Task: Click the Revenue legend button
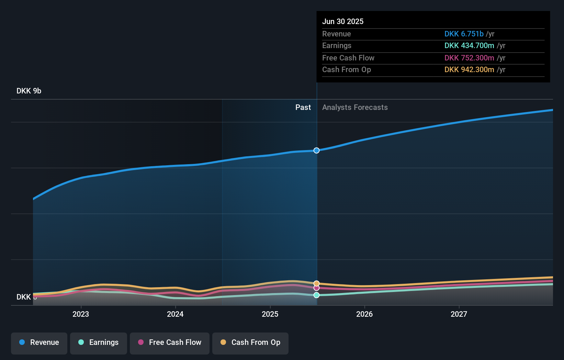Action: click(39, 342)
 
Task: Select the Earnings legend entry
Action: click(99, 342)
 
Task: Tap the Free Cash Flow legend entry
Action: click(170, 342)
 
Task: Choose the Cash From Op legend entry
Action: click(250, 342)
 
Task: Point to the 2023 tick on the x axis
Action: click(81, 314)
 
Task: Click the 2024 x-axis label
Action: click(175, 314)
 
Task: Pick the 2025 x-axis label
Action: click(270, 314)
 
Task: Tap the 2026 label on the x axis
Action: click(364, 314)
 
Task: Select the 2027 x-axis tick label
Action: click(459, 314)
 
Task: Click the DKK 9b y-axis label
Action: click(29, 91)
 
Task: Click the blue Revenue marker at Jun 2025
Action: click(316, 150)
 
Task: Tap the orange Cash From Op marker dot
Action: click(316, 283)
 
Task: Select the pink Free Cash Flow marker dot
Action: click(316, 288)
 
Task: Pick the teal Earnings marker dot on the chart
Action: click(316, 295)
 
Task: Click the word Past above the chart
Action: click(303, 108)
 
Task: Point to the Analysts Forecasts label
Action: click(355, 108)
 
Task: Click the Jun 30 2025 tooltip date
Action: click(343, 22)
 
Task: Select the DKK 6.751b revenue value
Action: click(464, 34)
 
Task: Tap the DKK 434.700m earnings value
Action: click(469, 46)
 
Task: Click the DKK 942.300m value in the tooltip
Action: click(469, 70)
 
